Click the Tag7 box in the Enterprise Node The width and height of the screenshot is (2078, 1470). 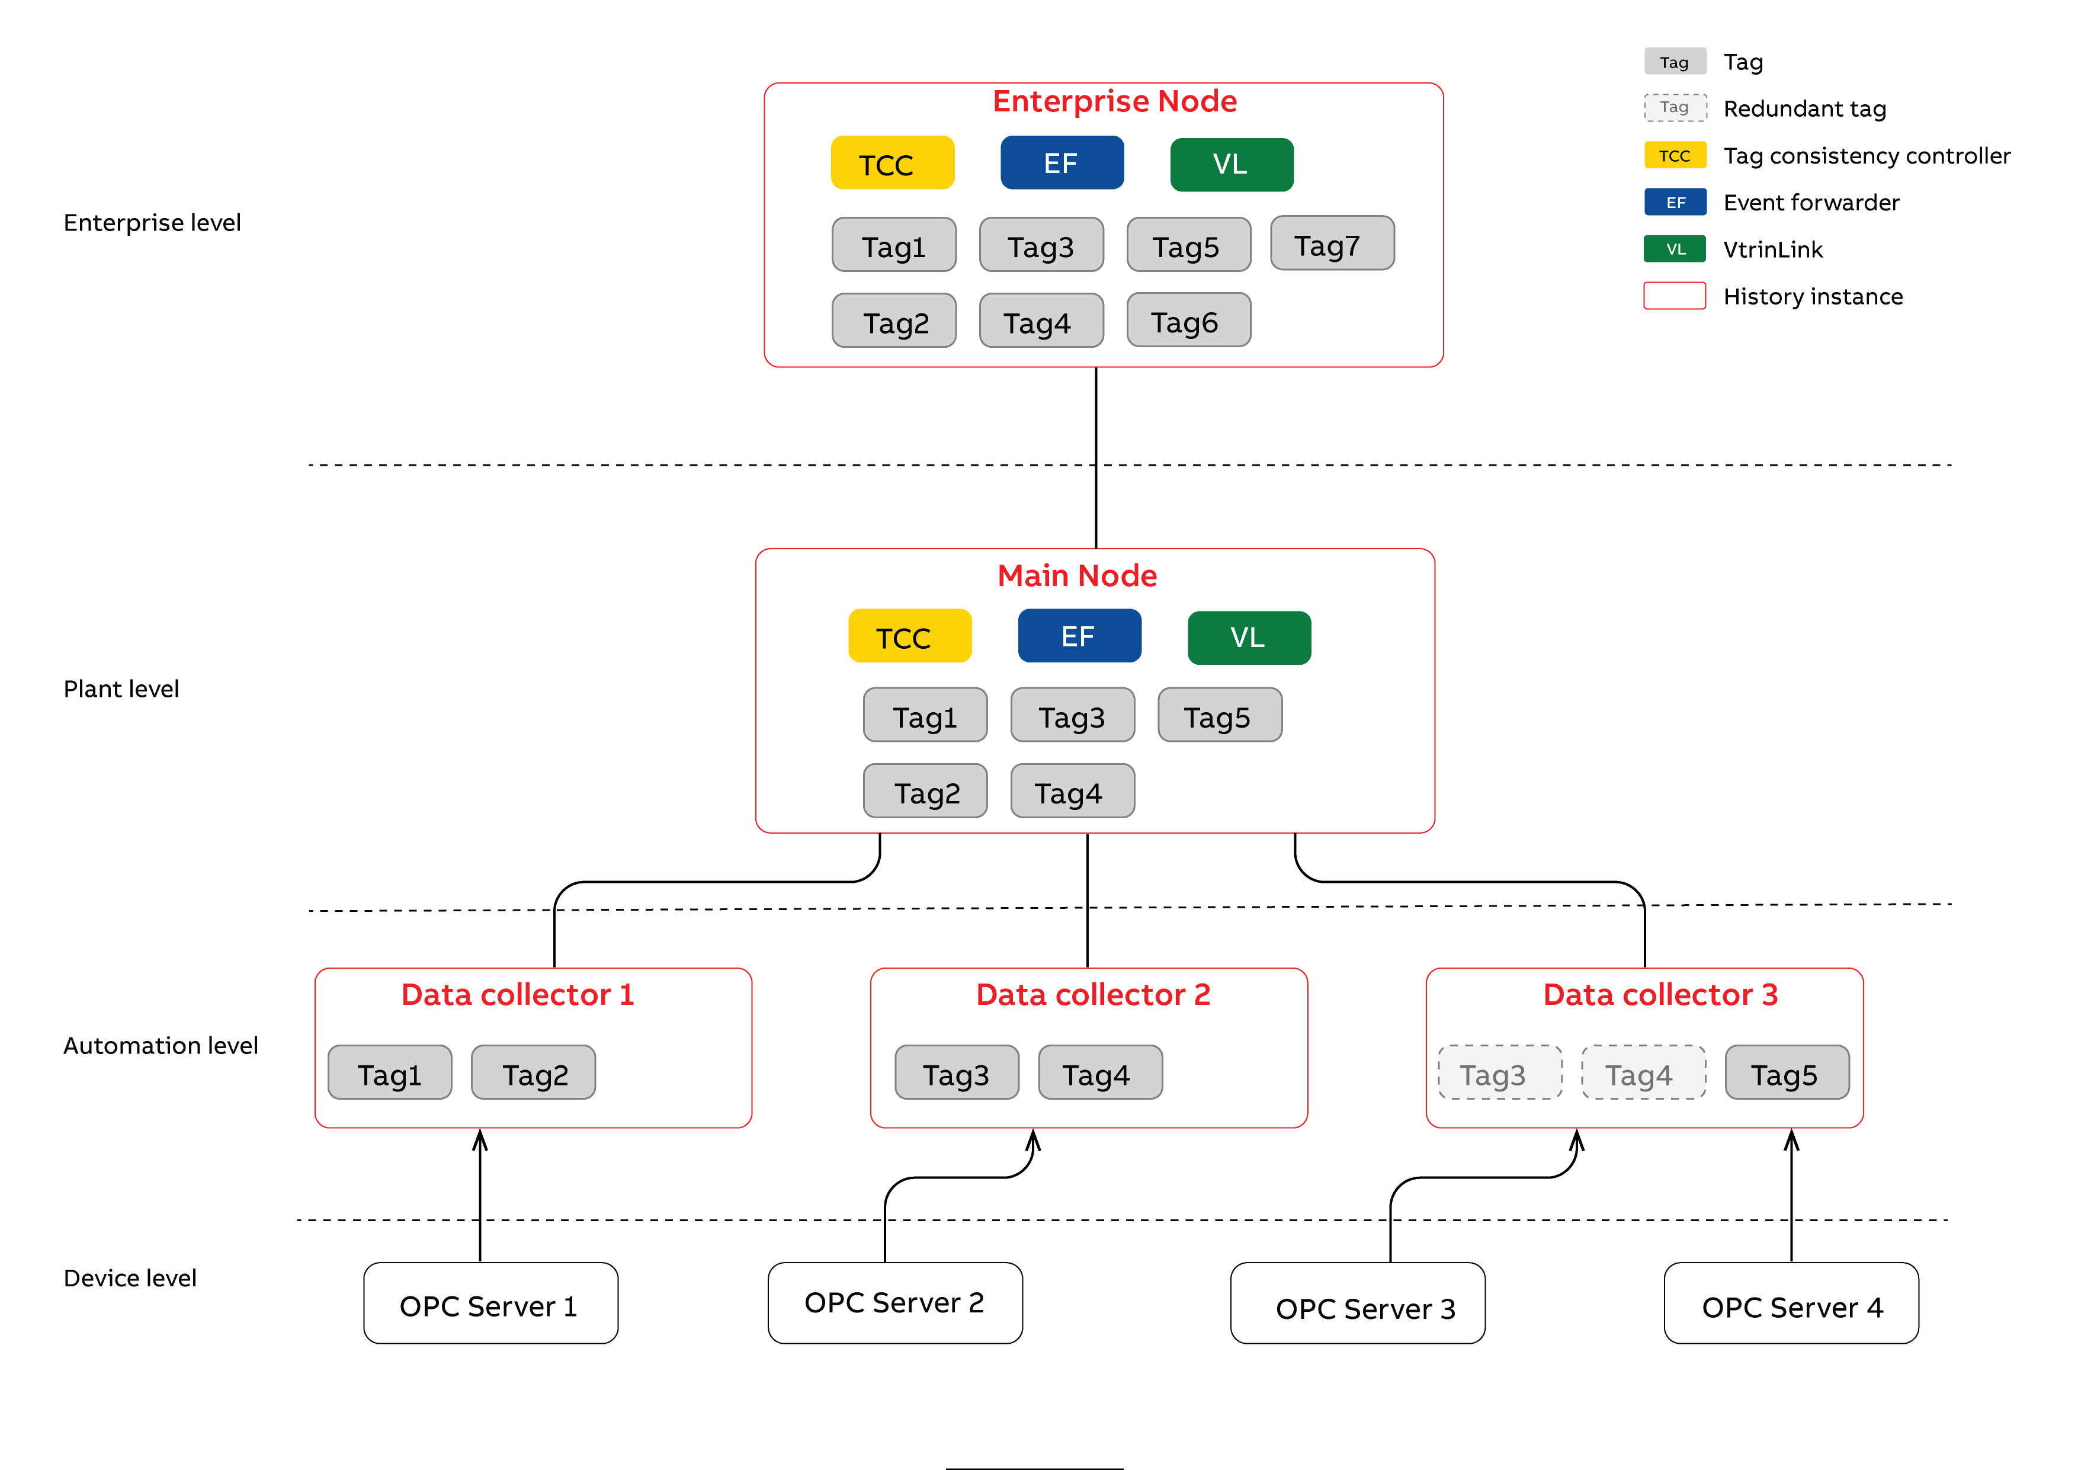pos(1332,244)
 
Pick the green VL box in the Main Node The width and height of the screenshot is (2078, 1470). pos(1248,638)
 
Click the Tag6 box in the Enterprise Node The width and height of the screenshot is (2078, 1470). pos(1188,321)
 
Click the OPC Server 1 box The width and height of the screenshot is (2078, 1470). pos(490,1304)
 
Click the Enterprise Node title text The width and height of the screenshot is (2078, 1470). pos(1114,101)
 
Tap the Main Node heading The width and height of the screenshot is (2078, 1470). pos(1076,576)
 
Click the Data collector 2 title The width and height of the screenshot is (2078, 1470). pos(1092,995)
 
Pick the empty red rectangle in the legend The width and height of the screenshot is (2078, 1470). pos(1675,296)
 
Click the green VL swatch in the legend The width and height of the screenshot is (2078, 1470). pos(1675,249)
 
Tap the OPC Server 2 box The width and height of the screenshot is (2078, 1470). pos(894,1304)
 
